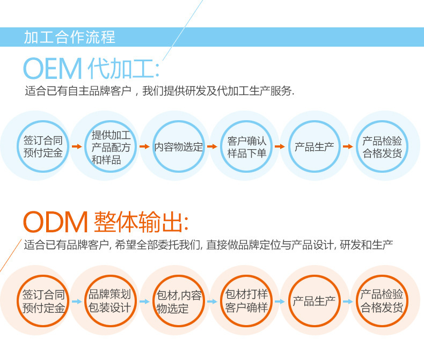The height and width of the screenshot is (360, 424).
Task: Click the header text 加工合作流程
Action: coord(69,38)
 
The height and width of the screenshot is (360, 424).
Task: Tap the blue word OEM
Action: coord(52,69)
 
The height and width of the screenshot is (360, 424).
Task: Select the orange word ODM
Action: coord(55,222)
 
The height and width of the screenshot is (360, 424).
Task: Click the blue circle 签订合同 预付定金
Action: coord(43,146)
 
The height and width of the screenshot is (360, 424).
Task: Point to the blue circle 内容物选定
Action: coord(179,146)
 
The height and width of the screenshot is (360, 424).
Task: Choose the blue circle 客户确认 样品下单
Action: coord(246,146)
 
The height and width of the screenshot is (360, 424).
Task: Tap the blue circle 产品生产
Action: coord(314,146)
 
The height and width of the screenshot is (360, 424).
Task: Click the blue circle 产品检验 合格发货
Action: coord(382,146)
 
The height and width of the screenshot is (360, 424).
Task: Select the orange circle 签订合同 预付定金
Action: coord(43,301)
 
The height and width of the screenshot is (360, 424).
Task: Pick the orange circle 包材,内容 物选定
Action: coord(179,301)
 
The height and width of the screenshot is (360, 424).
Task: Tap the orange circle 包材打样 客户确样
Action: coord(246,301)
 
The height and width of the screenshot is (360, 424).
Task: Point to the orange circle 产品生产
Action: coord(314,301)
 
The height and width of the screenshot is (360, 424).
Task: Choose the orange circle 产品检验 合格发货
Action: coord(382,301)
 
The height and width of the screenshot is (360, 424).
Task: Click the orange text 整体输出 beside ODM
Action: coord(141,222)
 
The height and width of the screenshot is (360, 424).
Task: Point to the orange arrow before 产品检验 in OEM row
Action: coord(348,146)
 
